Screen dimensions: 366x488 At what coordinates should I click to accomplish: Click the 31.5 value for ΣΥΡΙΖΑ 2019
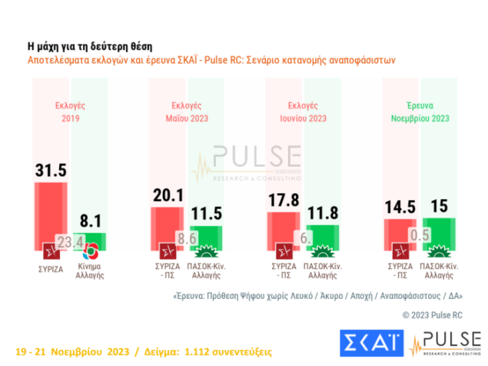51,170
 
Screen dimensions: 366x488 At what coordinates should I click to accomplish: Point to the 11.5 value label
205,216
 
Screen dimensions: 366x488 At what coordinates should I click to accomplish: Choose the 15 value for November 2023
438,207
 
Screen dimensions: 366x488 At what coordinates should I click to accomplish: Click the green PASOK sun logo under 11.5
205,252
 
